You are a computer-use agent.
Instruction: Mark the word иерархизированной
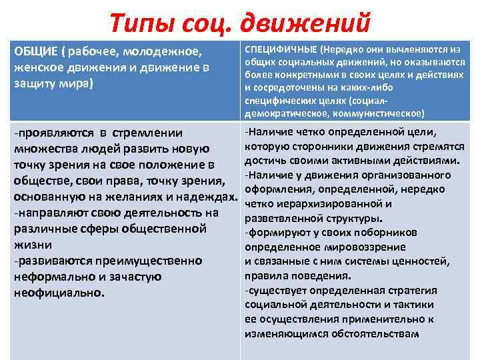click(x=323, y=204)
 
